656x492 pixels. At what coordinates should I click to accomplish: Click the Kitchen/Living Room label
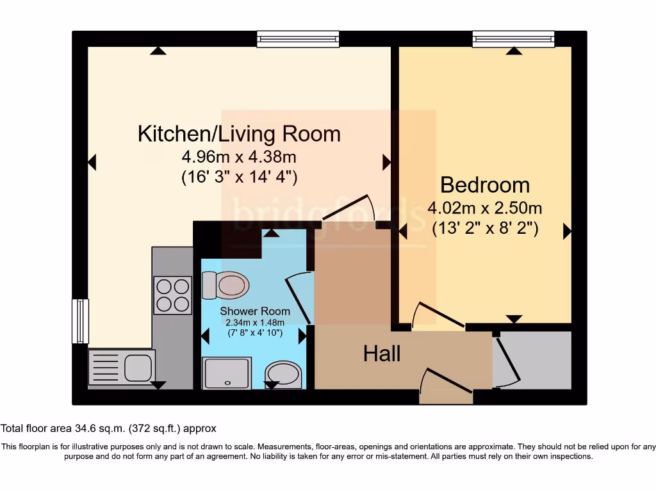point(239,134)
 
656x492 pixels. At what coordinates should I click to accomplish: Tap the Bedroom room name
point(485,185)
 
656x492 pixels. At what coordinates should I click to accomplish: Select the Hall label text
point(382,354)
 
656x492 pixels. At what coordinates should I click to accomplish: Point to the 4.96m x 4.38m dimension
point(239,156)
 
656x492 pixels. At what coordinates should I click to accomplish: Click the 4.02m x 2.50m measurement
point(485,208)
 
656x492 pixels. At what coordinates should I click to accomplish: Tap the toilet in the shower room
point(225,285)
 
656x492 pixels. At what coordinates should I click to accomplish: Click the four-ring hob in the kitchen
point(173,295)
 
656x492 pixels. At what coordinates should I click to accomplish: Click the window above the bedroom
point(513,39)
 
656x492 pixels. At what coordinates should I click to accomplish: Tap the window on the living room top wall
point(298,39)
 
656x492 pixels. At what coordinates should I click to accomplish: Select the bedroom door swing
point(439,315)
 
